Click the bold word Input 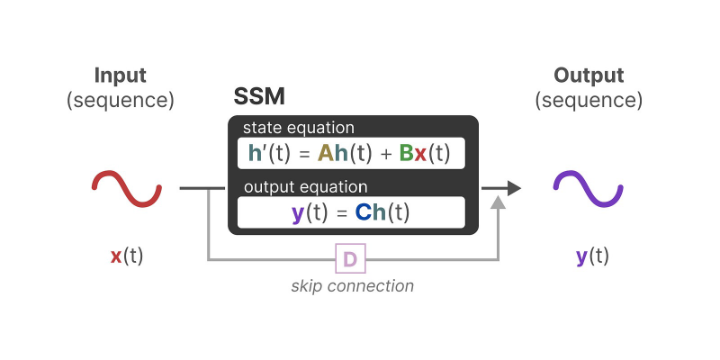click(120, 76)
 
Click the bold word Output click(589, 76)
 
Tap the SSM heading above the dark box click(259, 97)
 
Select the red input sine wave click(127, 189)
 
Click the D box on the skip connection click(350, 260)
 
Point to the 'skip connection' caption click(352, 286)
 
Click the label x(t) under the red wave click(127, 256)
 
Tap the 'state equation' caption click(298, 128)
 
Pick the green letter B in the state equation click(406, 153)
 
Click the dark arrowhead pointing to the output click(513, 188)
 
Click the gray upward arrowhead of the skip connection click(498, 206)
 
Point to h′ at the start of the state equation click(256, 153)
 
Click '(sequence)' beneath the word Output click(589, 99)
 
